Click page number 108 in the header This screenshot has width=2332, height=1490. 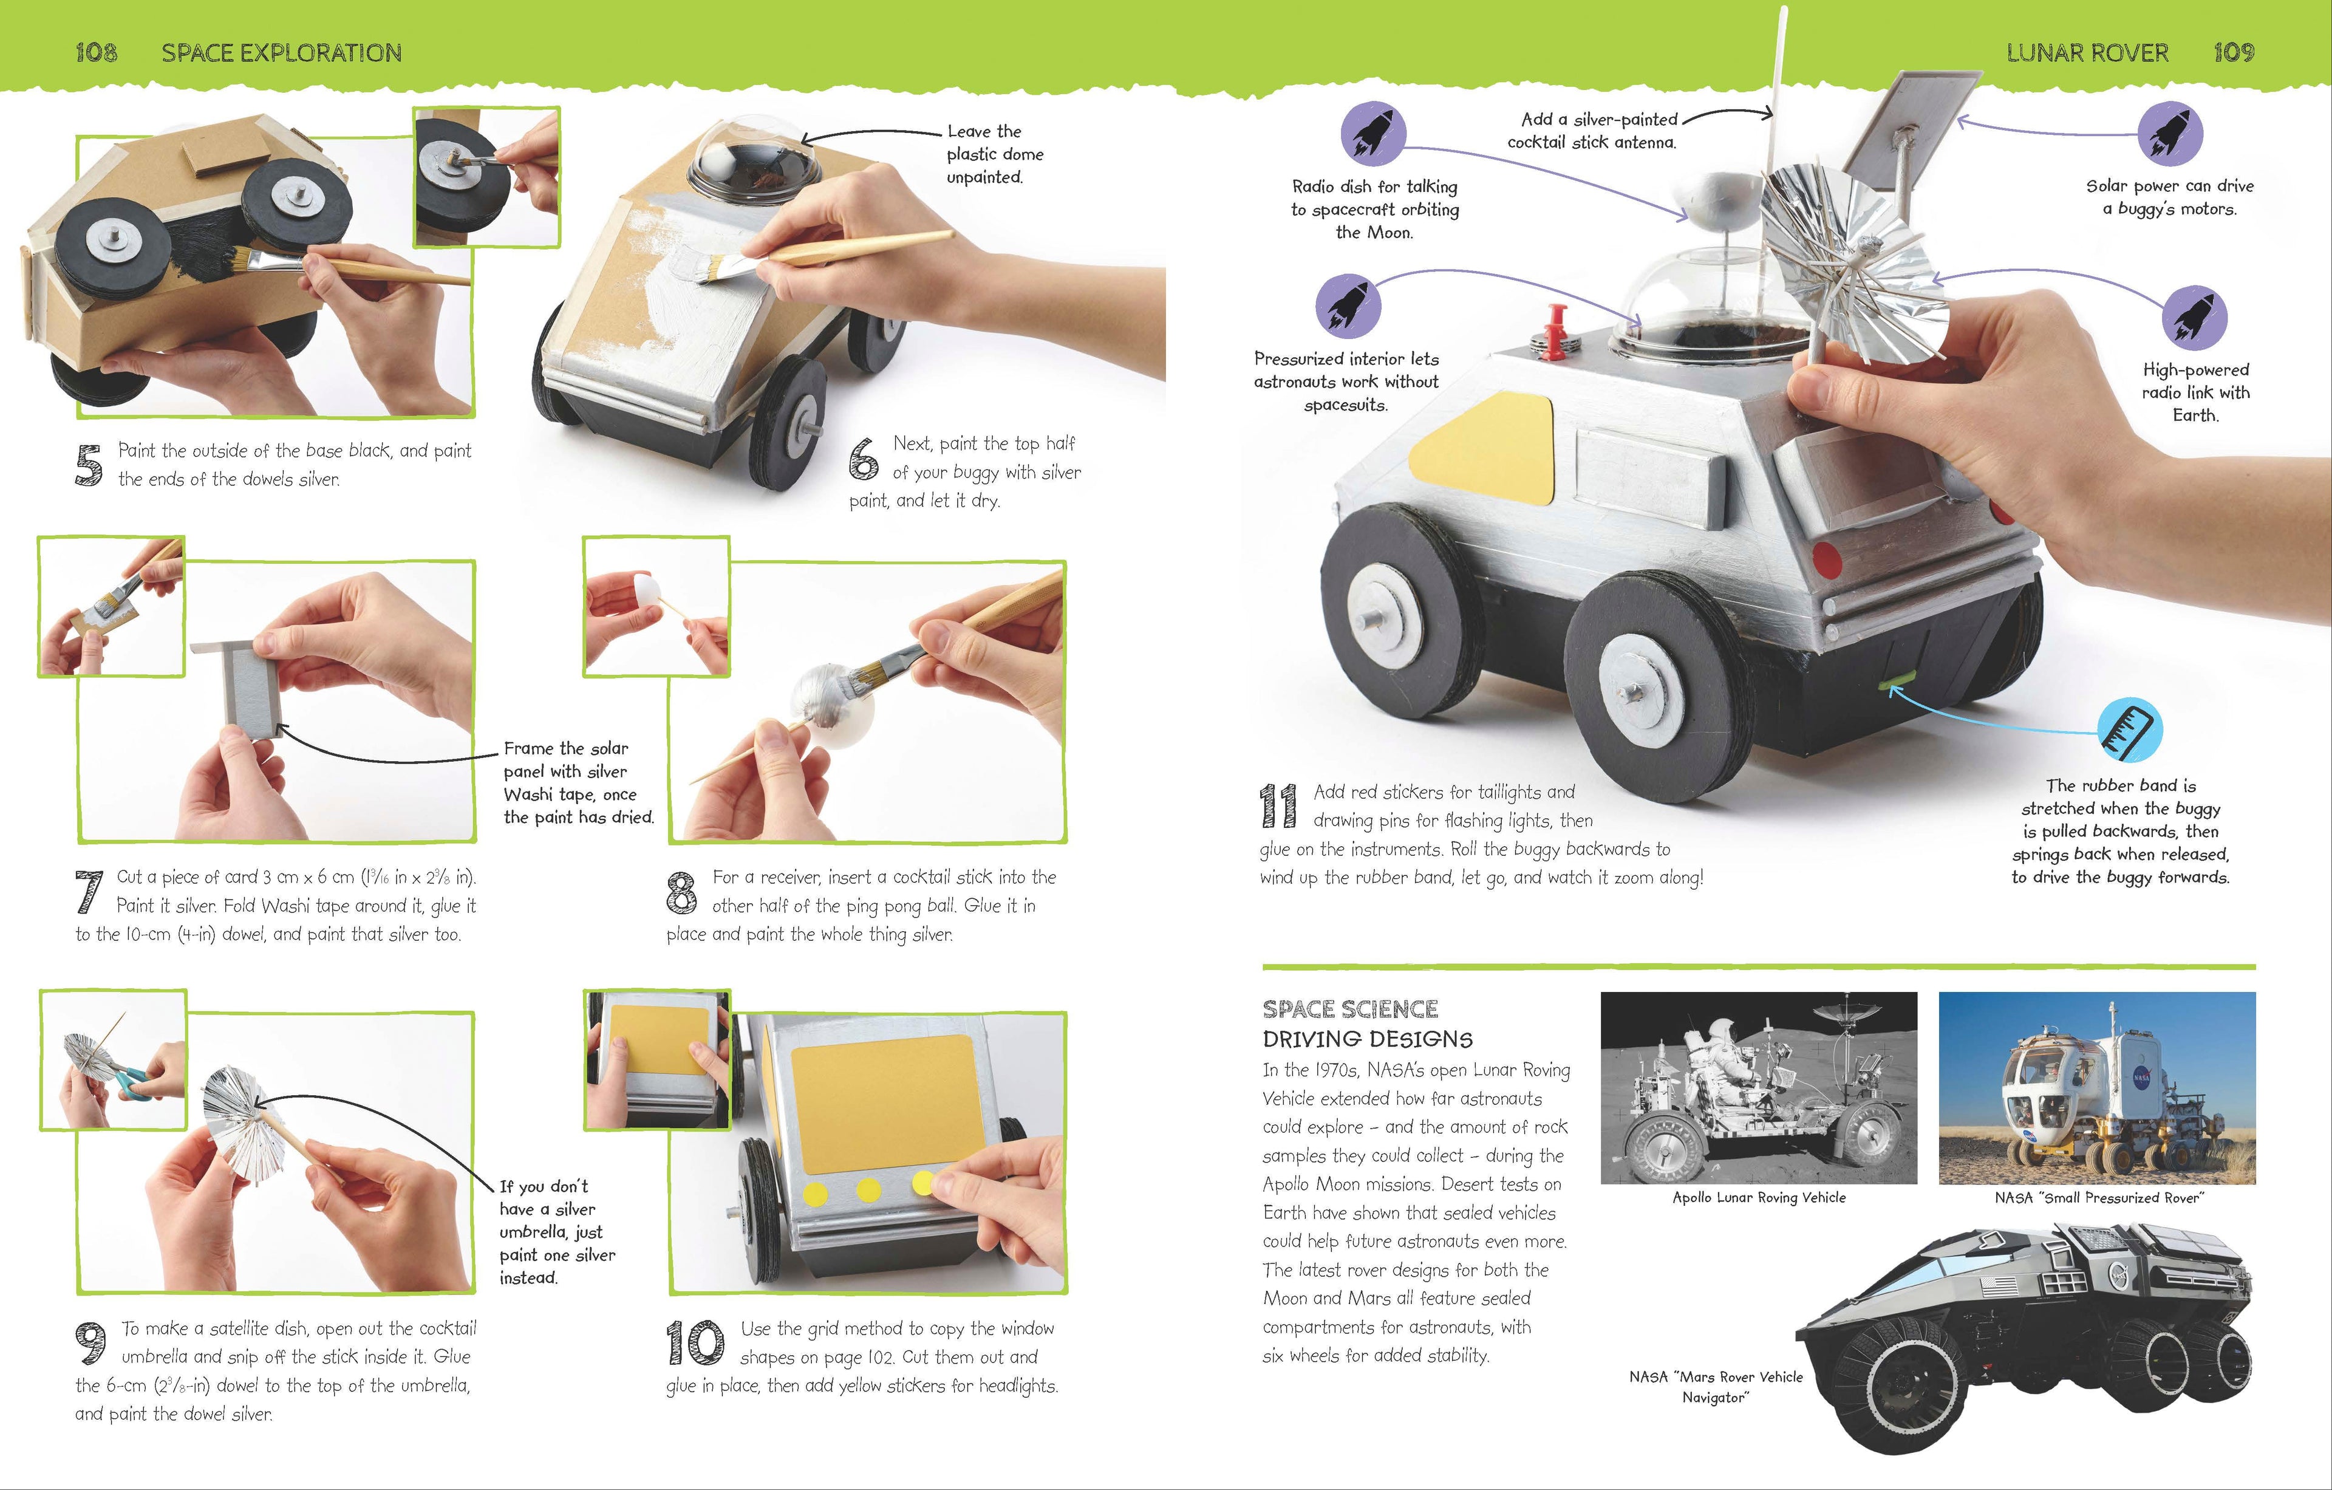96,52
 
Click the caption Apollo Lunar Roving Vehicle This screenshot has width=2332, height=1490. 1759,1197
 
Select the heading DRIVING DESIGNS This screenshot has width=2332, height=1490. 1368,1039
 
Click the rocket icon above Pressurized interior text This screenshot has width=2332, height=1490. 1348,305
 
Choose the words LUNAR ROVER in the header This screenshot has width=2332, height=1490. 2087,52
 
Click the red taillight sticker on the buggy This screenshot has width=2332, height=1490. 1824,559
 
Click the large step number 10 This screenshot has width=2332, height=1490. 694,1343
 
